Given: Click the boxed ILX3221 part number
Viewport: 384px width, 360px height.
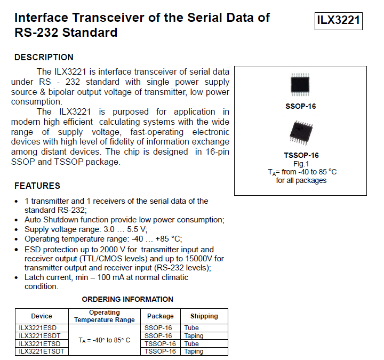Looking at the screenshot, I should [339, 21].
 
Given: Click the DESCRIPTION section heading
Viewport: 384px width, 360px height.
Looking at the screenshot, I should [44, 57].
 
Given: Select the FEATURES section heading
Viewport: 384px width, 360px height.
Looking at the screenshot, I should [37, 186].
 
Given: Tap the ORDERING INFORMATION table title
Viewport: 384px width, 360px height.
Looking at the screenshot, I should [127, 299].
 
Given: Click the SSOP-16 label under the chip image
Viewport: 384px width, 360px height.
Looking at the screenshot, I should [301, 106].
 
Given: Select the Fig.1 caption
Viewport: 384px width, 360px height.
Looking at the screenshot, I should [301, 164].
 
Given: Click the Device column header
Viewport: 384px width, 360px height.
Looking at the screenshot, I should [42, 316].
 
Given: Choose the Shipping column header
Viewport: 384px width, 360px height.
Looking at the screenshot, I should [204, 316].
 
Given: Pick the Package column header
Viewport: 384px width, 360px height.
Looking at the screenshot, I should [160, 316].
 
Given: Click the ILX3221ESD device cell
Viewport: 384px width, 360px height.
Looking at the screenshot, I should [37, 328].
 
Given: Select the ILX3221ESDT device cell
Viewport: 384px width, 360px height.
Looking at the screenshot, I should [39, 336].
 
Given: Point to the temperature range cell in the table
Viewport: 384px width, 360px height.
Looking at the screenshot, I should [104, 340].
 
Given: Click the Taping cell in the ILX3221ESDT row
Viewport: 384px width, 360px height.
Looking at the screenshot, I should [194, 336].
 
